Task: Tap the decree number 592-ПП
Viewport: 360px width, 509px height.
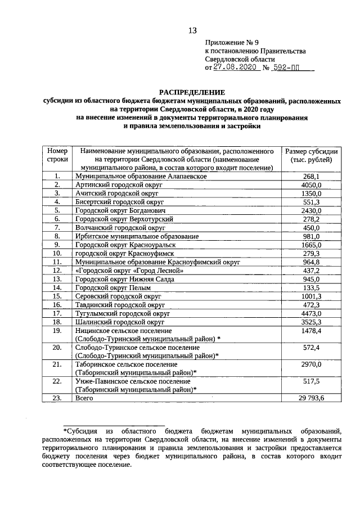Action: click(x=291, y=67)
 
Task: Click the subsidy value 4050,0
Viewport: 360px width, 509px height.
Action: click(x=310, y=184)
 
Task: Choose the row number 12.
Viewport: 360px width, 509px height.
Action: click(x=57, y=269)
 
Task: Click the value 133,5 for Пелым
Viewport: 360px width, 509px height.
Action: click(x=310, y=286)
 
